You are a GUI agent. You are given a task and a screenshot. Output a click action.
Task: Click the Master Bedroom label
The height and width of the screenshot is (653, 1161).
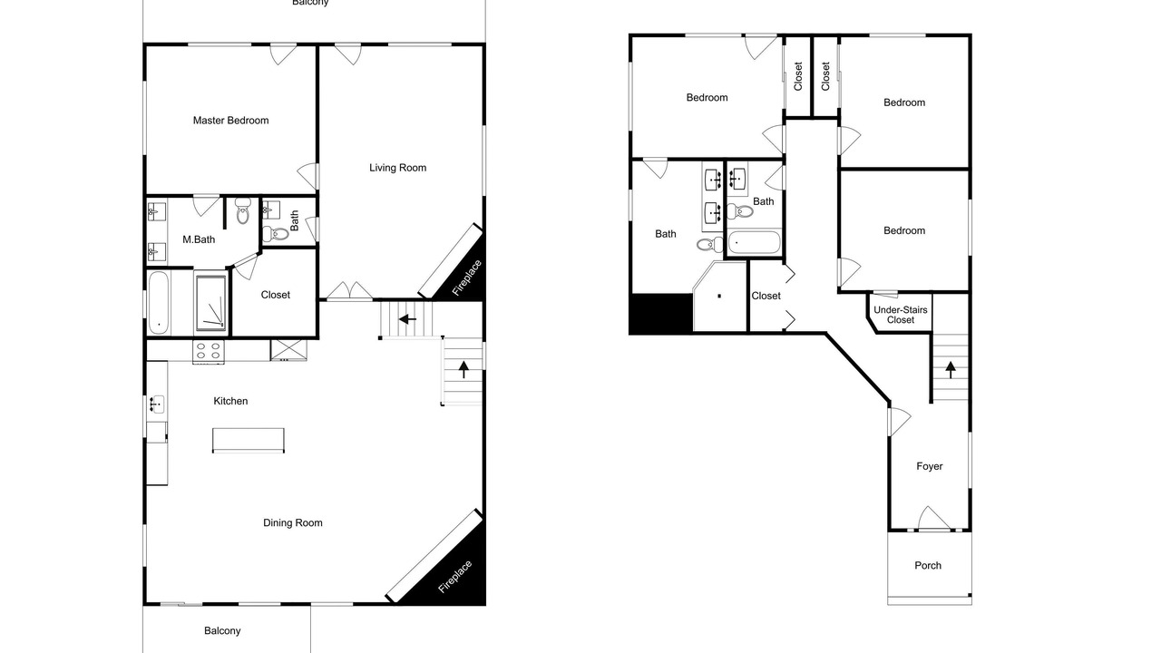point(230,121)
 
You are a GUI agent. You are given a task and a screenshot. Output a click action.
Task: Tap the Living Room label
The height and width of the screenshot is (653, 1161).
point(397,168)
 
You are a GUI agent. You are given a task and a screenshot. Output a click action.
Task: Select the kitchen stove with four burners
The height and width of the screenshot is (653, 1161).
point(209,351)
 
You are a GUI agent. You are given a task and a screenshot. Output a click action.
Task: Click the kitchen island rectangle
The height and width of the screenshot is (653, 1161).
point(249,441)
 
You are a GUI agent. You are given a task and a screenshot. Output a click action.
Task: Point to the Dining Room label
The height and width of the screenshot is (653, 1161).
point(293,523)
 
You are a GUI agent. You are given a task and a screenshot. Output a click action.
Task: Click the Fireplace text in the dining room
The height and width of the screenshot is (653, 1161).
point(455,576)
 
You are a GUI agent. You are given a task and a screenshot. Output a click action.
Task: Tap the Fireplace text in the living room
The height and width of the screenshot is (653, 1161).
point(466,278)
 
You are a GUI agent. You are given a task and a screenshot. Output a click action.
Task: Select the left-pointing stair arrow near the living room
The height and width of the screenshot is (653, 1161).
point(407,319)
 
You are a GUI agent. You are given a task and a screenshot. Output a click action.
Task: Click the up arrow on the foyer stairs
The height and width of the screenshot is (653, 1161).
point(950,370)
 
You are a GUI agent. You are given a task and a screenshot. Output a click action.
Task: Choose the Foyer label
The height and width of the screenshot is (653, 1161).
point(930,466)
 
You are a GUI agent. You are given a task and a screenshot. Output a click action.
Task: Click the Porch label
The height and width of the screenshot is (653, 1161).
point(928,565)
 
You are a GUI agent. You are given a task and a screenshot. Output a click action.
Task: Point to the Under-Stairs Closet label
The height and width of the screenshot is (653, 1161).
point(901,315)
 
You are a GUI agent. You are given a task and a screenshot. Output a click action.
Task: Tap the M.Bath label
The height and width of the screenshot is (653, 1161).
point(199,239)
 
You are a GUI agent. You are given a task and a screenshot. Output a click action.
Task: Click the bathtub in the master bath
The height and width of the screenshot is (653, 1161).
point(159,303)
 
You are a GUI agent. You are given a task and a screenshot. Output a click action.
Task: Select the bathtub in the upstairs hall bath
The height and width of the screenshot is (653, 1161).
point(754,242)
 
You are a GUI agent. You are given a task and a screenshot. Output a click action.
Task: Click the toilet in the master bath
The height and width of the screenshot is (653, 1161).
point(242,210)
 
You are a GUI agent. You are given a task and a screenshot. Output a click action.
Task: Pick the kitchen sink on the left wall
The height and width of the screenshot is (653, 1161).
point(157,404)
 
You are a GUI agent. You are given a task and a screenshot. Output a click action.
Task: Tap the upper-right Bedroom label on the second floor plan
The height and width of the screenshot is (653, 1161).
point(904,102)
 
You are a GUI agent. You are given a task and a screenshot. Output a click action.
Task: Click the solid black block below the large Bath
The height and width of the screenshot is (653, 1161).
point(661,314)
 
